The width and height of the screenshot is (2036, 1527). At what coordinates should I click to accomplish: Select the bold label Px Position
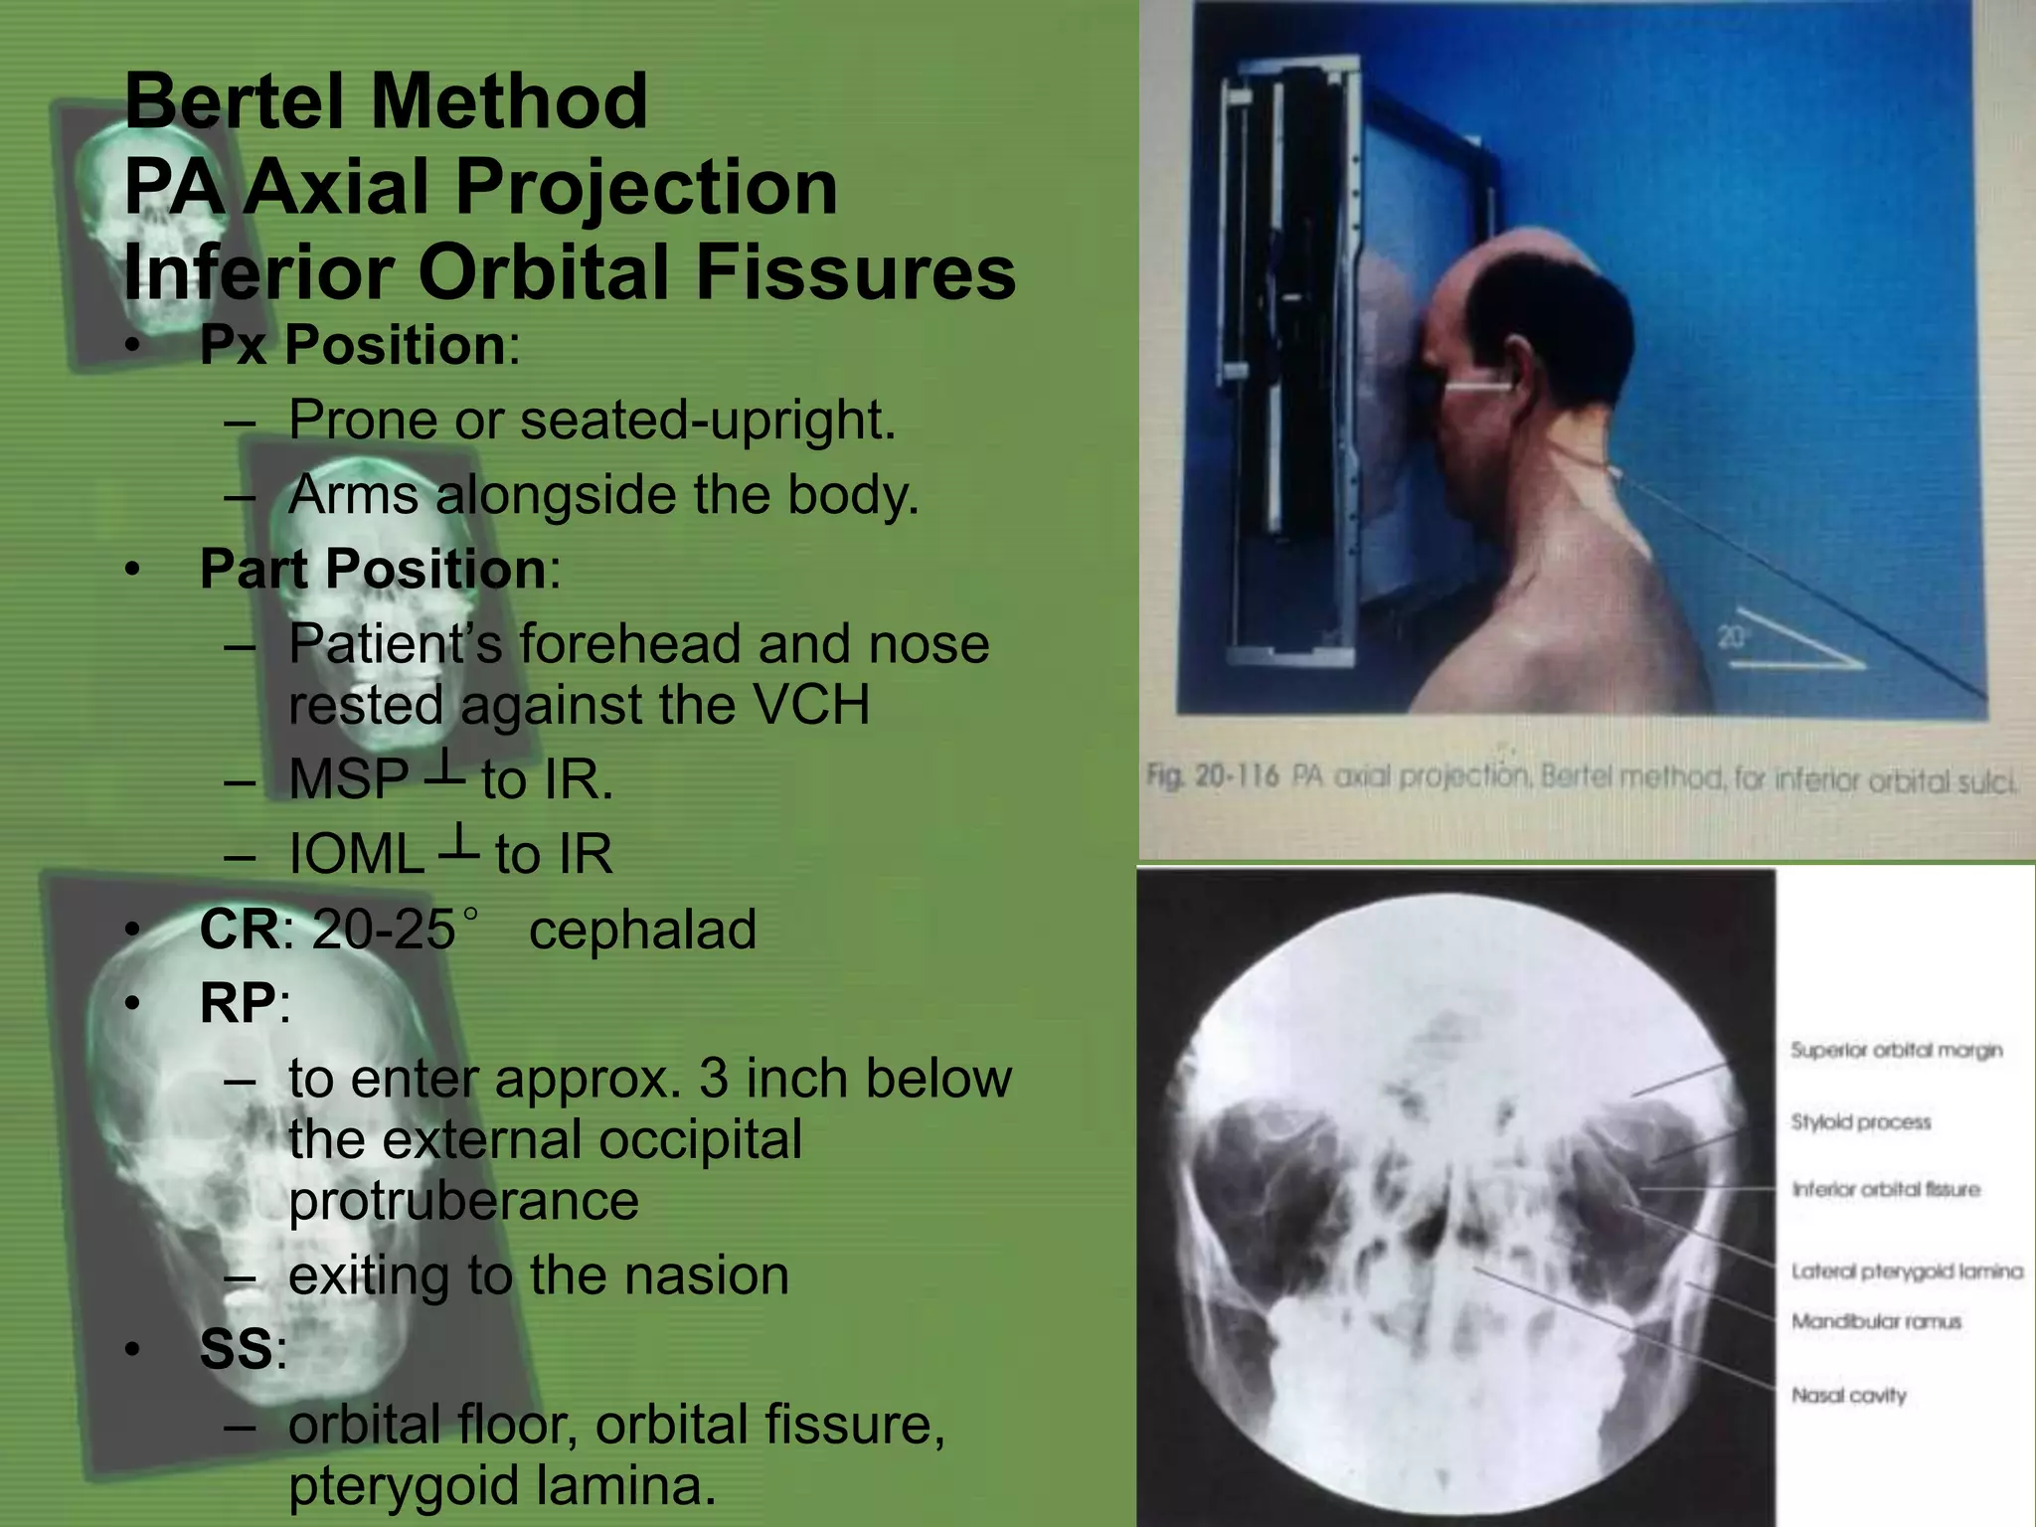[352, 345]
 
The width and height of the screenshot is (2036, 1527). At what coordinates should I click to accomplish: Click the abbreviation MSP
[348, 779]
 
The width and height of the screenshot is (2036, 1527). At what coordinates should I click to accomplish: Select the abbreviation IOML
[356, 854]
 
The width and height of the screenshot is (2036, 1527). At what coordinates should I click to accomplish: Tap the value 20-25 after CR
[384, 930]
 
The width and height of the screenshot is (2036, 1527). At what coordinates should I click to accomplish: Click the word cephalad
[642, 930]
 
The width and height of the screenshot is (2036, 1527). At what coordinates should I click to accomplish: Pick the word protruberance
[463, 1201]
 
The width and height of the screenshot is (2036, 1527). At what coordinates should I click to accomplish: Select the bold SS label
[236, 1349]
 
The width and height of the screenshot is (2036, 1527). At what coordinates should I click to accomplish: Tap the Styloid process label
[1860, 1122]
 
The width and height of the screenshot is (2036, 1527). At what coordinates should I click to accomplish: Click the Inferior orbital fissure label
[1885, 1190]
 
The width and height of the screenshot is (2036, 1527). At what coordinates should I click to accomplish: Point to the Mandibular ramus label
[1876, 1321]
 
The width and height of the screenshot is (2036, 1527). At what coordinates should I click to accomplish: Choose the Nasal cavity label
[1848, 1396]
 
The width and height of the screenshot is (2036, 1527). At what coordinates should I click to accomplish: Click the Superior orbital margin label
[1896, 1051]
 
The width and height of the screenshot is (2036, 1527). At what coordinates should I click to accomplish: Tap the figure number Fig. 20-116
[1212, 775]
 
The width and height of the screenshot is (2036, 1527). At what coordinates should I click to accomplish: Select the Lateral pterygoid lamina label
[1907, 1272]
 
